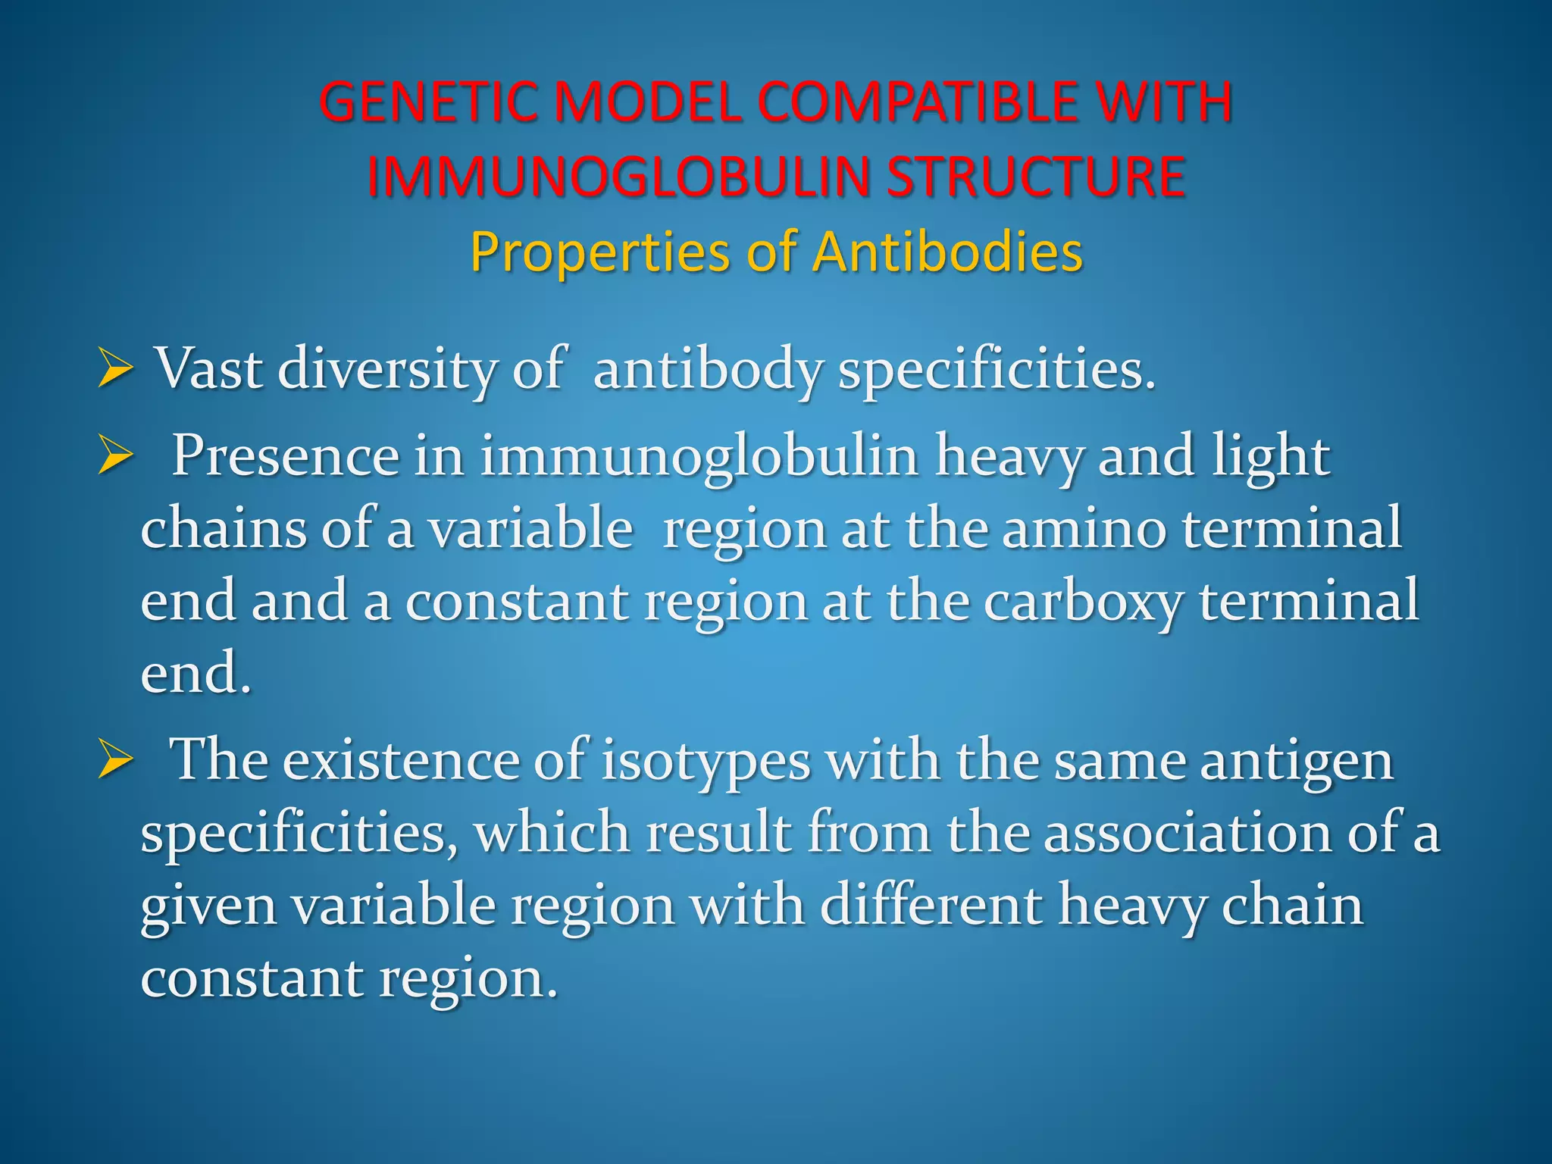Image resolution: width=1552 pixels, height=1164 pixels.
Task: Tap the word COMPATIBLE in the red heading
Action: tap(917, 102)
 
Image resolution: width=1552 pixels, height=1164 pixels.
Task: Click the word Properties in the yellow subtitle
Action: tap(599, 252)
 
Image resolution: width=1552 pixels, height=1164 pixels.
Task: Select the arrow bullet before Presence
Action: tap(116, 458)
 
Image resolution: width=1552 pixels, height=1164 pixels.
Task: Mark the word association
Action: tap(1187, 833)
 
